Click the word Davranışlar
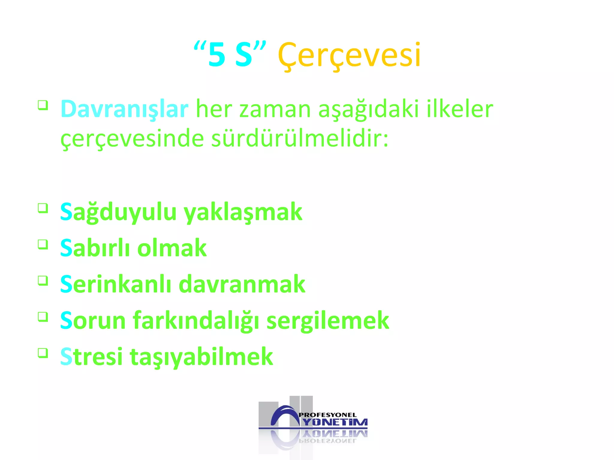pyautogui.click(x=124, y=109)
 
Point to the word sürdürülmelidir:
pyautogui.click(x=300, y=139)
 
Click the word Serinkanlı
pyautogui.click(x=116, y=284)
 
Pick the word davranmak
pyautogui.click(x=242, y=284)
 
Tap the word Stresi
pyautogui.click(x=91, y=356)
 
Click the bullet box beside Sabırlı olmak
pyautogui.click(x=43, y=244)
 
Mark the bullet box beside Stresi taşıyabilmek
pyautogui.click(x=43, y=353)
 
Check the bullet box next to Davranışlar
pyautogui.click(x=43, y=105)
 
